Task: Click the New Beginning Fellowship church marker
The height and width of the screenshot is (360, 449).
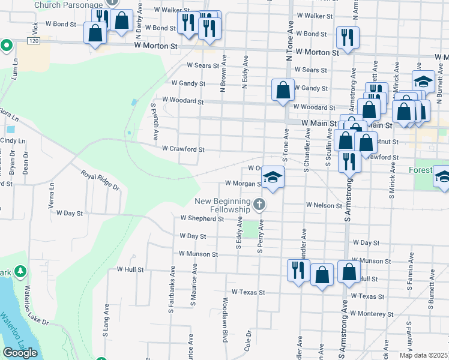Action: pyautogui.click(x=259, y=205)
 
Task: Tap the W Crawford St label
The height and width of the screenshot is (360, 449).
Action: pyautogui.click(x=184, y=149)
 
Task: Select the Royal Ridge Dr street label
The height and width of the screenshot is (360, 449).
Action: pyautogui.click(x=101, y=181)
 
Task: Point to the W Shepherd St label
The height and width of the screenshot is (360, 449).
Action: pyautogui.click(x=202, y=219)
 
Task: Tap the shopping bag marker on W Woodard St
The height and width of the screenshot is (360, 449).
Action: pyautogui.click(x=283, y=90)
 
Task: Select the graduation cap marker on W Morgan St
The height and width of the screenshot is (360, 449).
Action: pyautogui.click(x=273, y=178)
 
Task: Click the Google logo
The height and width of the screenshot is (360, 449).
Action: pyautogui.click(x=20, y=353)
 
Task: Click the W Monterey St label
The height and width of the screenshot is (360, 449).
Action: pyautogui.click(x=372, y=314)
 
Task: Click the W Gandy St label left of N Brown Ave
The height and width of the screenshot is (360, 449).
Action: pyautogui.click(x=188, y=83)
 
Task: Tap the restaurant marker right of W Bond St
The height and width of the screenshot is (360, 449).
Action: pyautogui.click(x=348, y=38)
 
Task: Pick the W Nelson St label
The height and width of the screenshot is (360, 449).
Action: pyautogui.click(x=324, y=205)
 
